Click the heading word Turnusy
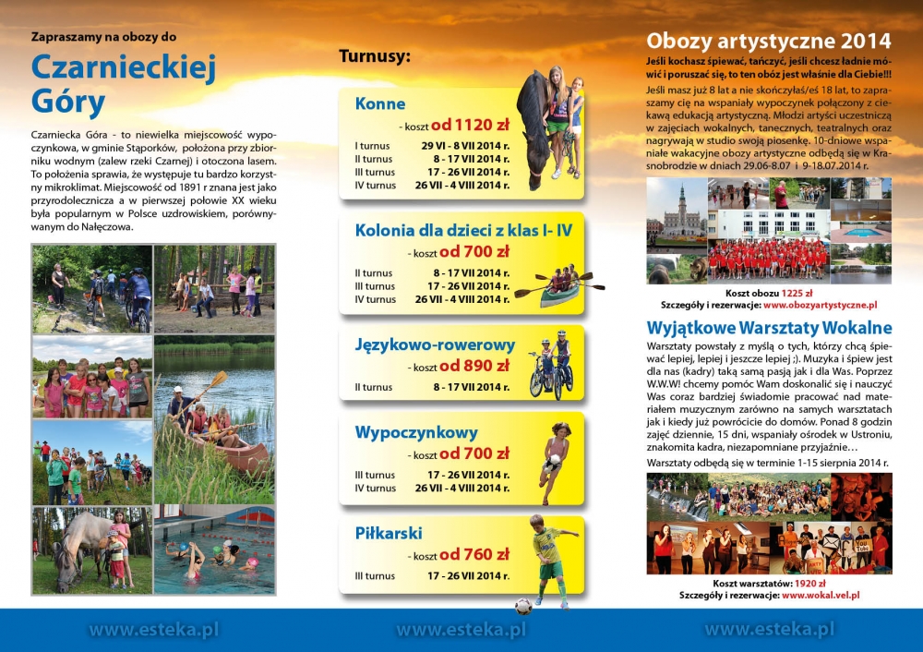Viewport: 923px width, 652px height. coord(374,56)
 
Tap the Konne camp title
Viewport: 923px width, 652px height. coord(380,103)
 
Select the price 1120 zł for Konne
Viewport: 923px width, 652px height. coord(470,126)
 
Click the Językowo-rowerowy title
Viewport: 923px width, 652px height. coord(435,345)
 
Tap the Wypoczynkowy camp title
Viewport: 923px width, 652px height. coord(416,432)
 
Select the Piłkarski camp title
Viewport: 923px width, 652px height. coord(389,533)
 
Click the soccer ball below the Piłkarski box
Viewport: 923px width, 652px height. coord(523,606)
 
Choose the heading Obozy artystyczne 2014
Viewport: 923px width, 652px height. coord(769,41)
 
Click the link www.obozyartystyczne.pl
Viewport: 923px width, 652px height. coord(820,304)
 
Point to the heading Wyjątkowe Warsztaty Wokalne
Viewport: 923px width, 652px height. coord(769,328)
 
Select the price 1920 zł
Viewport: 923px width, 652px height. coord(808,584)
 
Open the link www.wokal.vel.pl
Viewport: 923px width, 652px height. coord(821,596)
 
